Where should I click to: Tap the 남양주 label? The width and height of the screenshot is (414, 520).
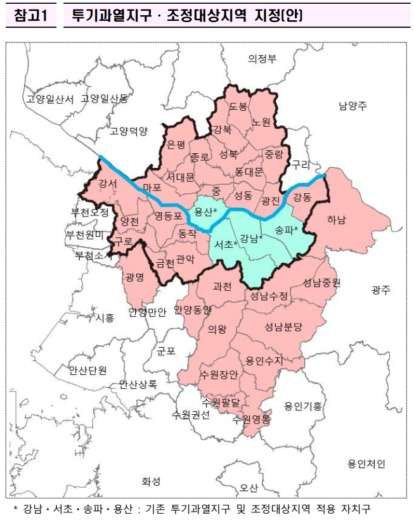click(x=353, y=106)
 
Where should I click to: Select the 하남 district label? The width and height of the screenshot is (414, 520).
click(x=337, y=220)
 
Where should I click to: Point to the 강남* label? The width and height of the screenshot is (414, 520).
click(x=252, y=238)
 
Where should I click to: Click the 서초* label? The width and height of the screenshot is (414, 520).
click(x=226, y=244)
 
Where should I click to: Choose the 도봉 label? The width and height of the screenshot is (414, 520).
click(x=238, y=106)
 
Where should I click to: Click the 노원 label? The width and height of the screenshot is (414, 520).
click(x=261, y=121)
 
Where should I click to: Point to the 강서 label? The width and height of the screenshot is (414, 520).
click(x=108, y=184)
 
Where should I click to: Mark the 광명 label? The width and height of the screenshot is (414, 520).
click(x=135, y=277)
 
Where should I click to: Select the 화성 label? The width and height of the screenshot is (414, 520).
click(x=151, y=481)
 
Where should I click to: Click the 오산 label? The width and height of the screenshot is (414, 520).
click(x=249, y=488)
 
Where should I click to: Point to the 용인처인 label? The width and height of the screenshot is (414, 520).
click(x=366, y=464)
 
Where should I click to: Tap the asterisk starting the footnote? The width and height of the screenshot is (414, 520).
click(x=15, y=509)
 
